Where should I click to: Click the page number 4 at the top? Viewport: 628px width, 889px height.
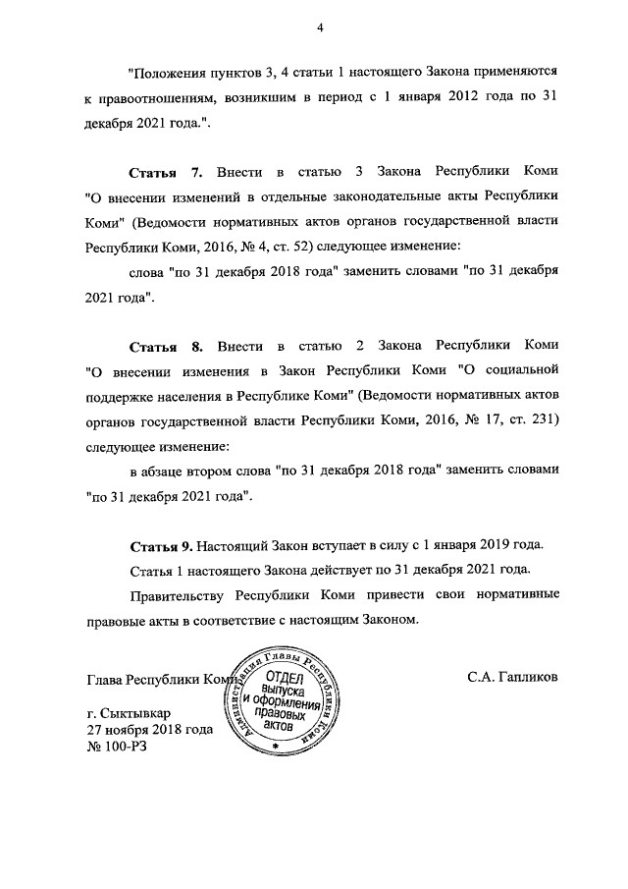(x=320, y=27)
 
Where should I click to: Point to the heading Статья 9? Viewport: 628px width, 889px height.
(x=162, y=546)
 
